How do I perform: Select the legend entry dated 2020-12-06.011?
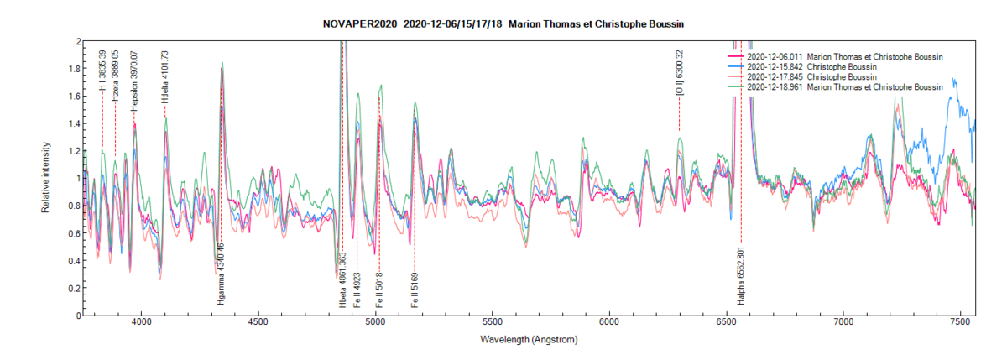click(x=844, y=56)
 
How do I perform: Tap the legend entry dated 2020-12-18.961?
click(x=844, y=86)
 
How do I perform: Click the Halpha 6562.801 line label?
click(x=741, y=274)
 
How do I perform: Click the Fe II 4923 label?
click(x=357, y=289)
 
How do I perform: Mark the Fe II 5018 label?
click(x=378, y=289)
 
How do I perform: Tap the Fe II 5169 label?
click(x=415, y=289)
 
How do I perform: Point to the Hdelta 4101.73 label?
click(x=165, y=77)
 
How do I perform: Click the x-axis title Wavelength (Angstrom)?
click(x=529, y=341)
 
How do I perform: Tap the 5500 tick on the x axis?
click(x=493, y=321)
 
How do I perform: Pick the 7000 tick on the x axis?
click(x=843, y=321)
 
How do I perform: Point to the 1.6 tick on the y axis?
click(x=75, y=96)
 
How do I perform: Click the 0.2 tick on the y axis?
click(x=75, y=288)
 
